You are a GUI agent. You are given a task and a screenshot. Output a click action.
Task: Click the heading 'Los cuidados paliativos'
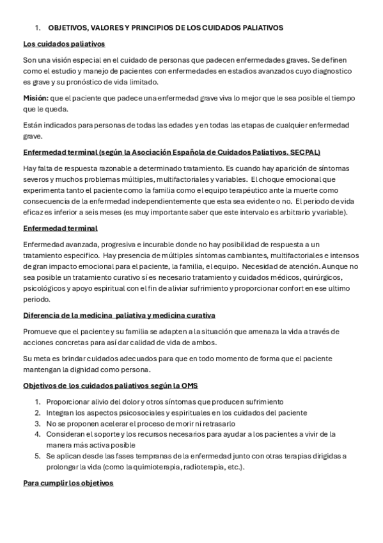coord(64,44)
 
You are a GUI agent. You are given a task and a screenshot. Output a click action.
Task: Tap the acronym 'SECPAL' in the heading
coord(306,152)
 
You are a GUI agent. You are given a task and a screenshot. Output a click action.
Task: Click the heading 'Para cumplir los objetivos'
coord(68,482)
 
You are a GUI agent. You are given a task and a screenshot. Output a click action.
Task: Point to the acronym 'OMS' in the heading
coord(190,385)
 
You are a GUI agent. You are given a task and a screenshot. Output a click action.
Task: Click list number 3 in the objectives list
coord(37,423)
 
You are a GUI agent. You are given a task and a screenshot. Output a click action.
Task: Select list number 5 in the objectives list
coord(37,455)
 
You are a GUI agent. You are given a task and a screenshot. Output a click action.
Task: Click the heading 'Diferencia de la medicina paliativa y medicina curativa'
coord(119,315)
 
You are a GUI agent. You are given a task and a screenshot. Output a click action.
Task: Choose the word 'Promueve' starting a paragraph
coord(40,331)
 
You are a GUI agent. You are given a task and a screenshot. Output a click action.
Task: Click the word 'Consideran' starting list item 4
coord(65,434)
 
